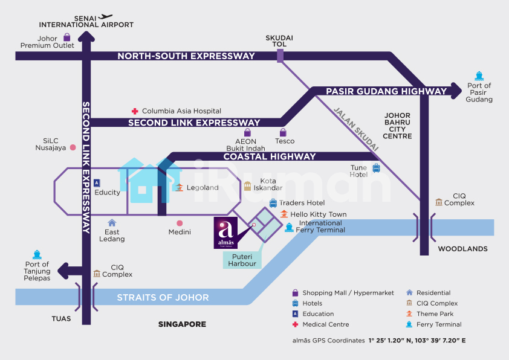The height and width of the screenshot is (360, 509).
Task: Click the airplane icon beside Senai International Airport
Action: coord(106,16)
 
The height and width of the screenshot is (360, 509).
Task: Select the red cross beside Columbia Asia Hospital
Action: coord(135,111)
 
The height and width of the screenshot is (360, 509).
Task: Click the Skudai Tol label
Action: coord(279,41)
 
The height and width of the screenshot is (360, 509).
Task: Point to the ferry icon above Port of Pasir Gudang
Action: coord(479,76)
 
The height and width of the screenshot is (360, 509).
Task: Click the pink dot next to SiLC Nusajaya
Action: coord(73,147)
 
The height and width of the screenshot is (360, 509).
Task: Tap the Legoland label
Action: coord(202,187)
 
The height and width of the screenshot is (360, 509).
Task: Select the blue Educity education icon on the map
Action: coord(97,182)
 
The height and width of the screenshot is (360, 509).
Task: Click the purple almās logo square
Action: coord(225,233)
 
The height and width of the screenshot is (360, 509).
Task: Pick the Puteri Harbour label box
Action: coord(242,260)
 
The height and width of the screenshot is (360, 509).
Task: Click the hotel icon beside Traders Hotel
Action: coord(273,203)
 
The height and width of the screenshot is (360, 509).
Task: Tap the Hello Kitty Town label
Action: coord(319,214)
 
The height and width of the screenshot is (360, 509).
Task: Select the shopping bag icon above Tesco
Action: coord(284,132)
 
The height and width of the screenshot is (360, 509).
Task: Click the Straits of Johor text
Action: coord(163,297)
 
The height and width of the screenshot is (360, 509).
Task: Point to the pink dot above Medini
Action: coord(180,223)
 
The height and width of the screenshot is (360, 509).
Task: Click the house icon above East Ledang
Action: coord(112,223)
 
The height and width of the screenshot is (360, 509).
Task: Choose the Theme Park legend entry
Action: coord(435,314)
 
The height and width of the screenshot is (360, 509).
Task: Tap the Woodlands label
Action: coord(462,249)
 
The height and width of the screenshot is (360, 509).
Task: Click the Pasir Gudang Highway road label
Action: coord(386,91)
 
